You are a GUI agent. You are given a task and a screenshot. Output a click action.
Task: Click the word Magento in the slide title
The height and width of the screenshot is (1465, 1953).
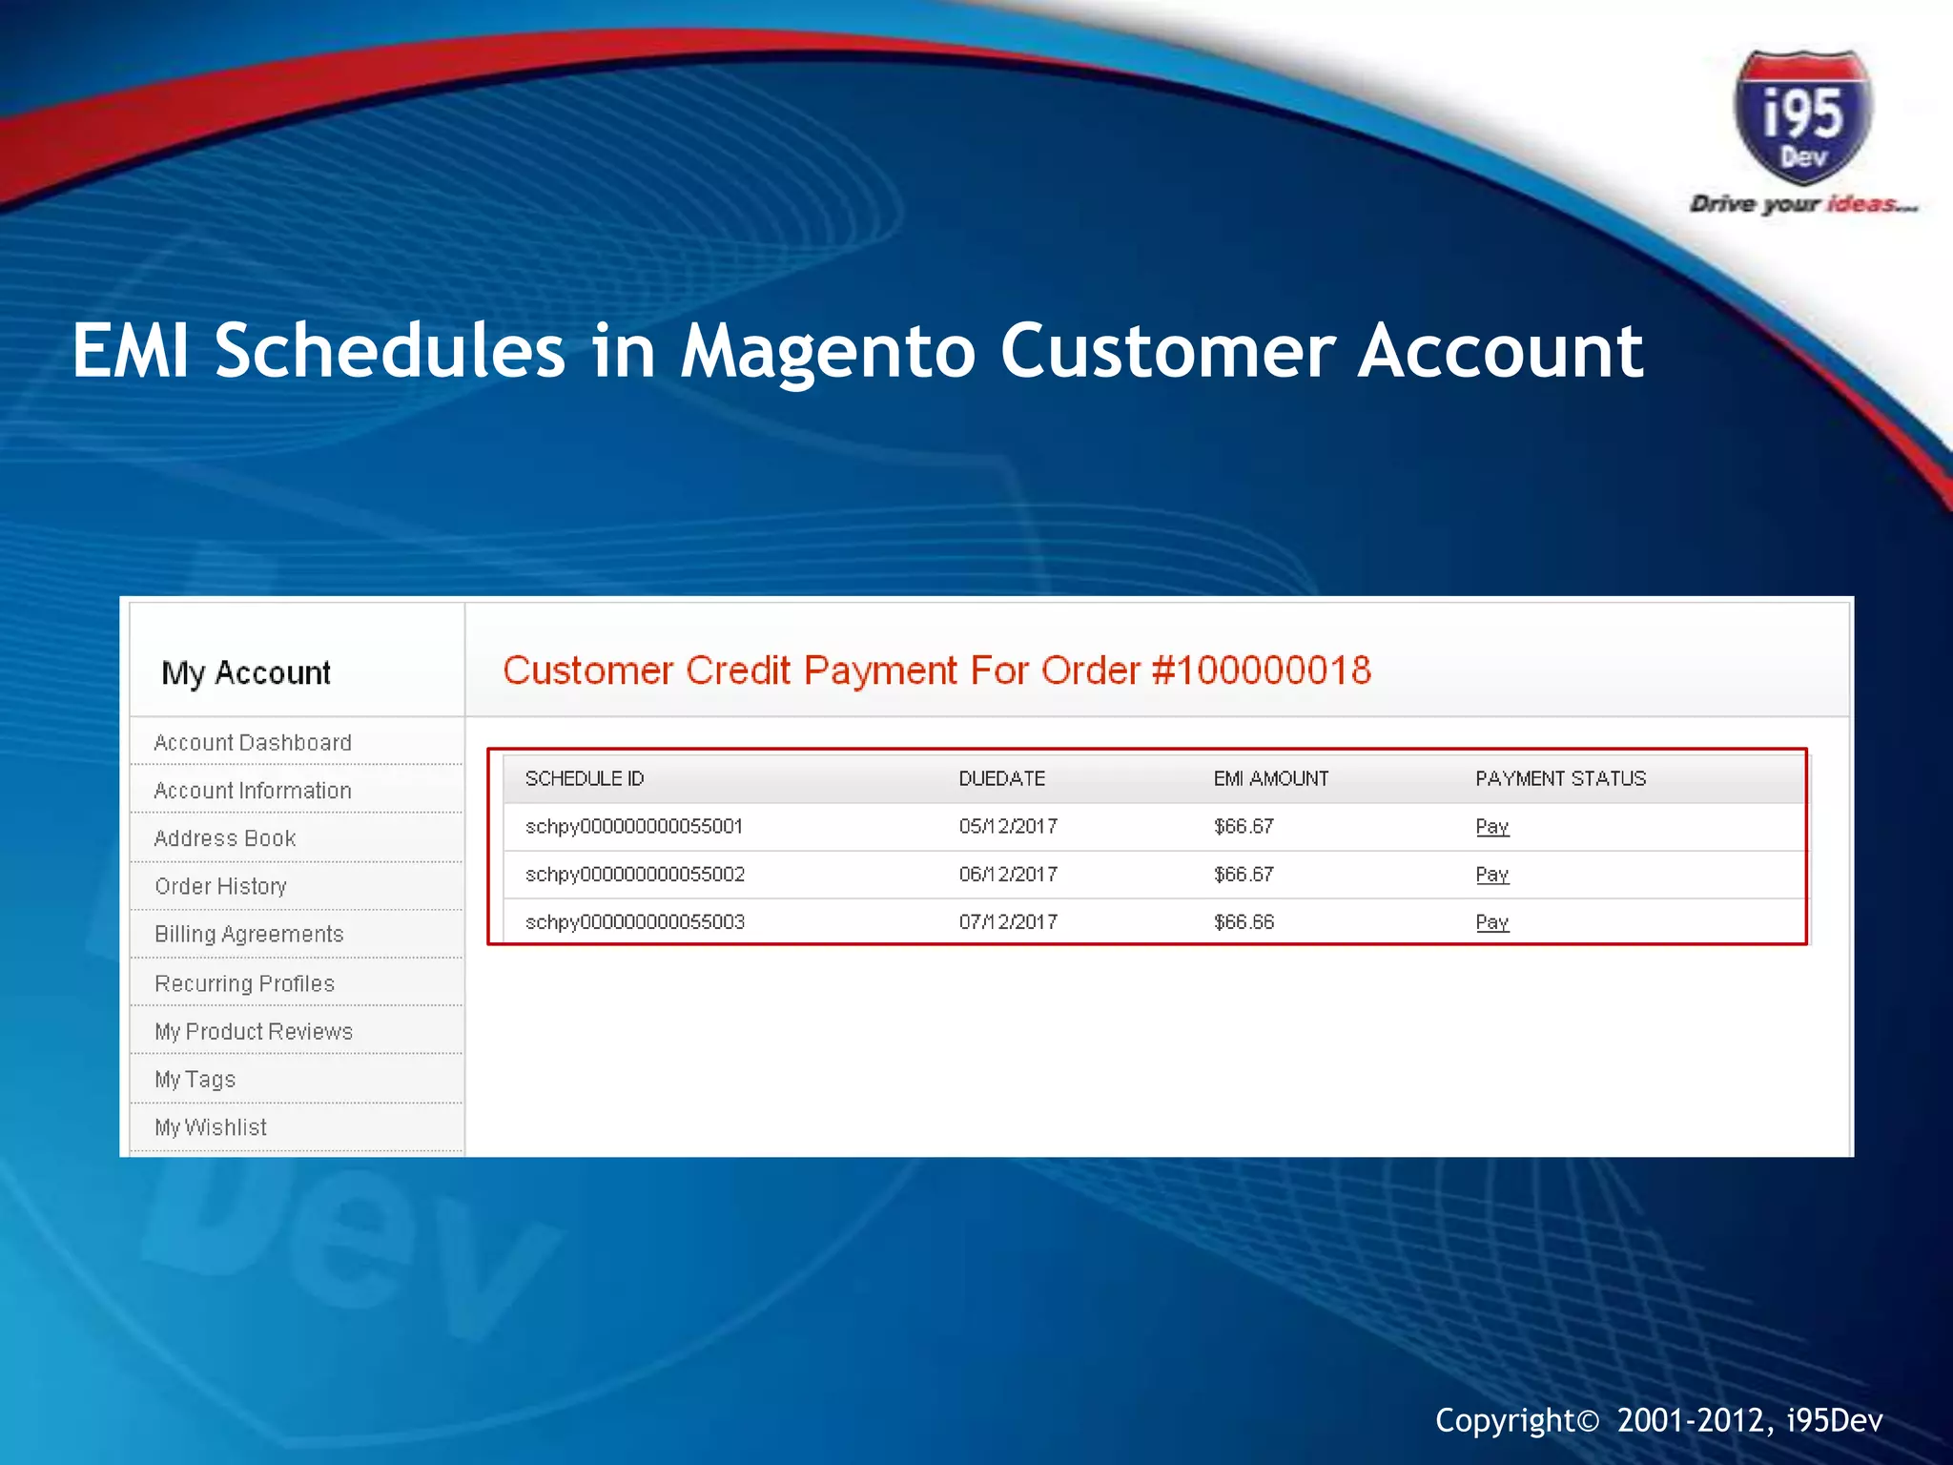click(x=828, y=351)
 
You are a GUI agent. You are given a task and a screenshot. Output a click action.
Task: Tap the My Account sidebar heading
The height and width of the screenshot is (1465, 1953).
click(x=246, y=672)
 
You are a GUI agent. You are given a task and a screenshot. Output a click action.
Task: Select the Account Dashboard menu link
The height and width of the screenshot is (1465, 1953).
click(x=253, y=742)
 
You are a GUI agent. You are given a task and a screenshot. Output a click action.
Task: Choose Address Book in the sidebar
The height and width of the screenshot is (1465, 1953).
click(x=225, y=838)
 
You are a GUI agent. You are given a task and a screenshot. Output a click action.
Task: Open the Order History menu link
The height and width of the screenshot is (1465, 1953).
click(x=220, y=886)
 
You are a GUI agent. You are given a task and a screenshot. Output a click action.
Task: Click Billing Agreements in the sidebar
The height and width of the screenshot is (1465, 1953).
click(x=249, y=934)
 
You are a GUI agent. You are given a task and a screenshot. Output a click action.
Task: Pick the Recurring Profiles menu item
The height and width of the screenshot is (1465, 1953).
click(x=244, y=983)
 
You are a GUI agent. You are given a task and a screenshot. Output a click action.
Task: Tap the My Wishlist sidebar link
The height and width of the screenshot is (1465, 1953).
click(x=211, y=1127)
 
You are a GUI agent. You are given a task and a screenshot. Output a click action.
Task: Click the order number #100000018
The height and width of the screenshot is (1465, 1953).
click(x=1262, y=671)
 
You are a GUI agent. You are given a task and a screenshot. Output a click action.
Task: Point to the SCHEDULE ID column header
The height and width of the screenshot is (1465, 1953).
click(x=585, y=778)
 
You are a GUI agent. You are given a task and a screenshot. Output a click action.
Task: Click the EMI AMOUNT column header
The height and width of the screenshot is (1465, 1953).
click(x=1270, y=778)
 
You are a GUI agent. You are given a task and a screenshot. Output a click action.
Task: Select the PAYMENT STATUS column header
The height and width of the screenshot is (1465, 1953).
click(x=1560, y=778)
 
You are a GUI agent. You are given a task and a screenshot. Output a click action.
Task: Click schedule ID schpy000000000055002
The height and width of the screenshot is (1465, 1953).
click(x=635, y=874)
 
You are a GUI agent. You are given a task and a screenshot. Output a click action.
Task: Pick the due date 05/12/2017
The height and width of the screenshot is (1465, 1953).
click(x=1008, y=826)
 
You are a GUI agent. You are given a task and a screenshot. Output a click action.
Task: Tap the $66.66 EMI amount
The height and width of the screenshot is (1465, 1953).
click(x=1244, y=921)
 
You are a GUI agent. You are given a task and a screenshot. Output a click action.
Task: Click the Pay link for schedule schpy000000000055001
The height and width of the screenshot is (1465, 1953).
click(x=1491, y=826)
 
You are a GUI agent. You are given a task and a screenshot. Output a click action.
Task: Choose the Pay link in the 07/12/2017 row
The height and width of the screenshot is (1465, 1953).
click(x=1491, y=921)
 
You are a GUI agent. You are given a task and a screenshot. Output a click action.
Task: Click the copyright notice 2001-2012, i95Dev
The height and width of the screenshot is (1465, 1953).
click(x=1658, y=1420)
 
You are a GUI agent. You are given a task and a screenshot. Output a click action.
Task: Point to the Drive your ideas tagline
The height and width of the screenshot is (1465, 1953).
click(x=1802, y=203)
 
